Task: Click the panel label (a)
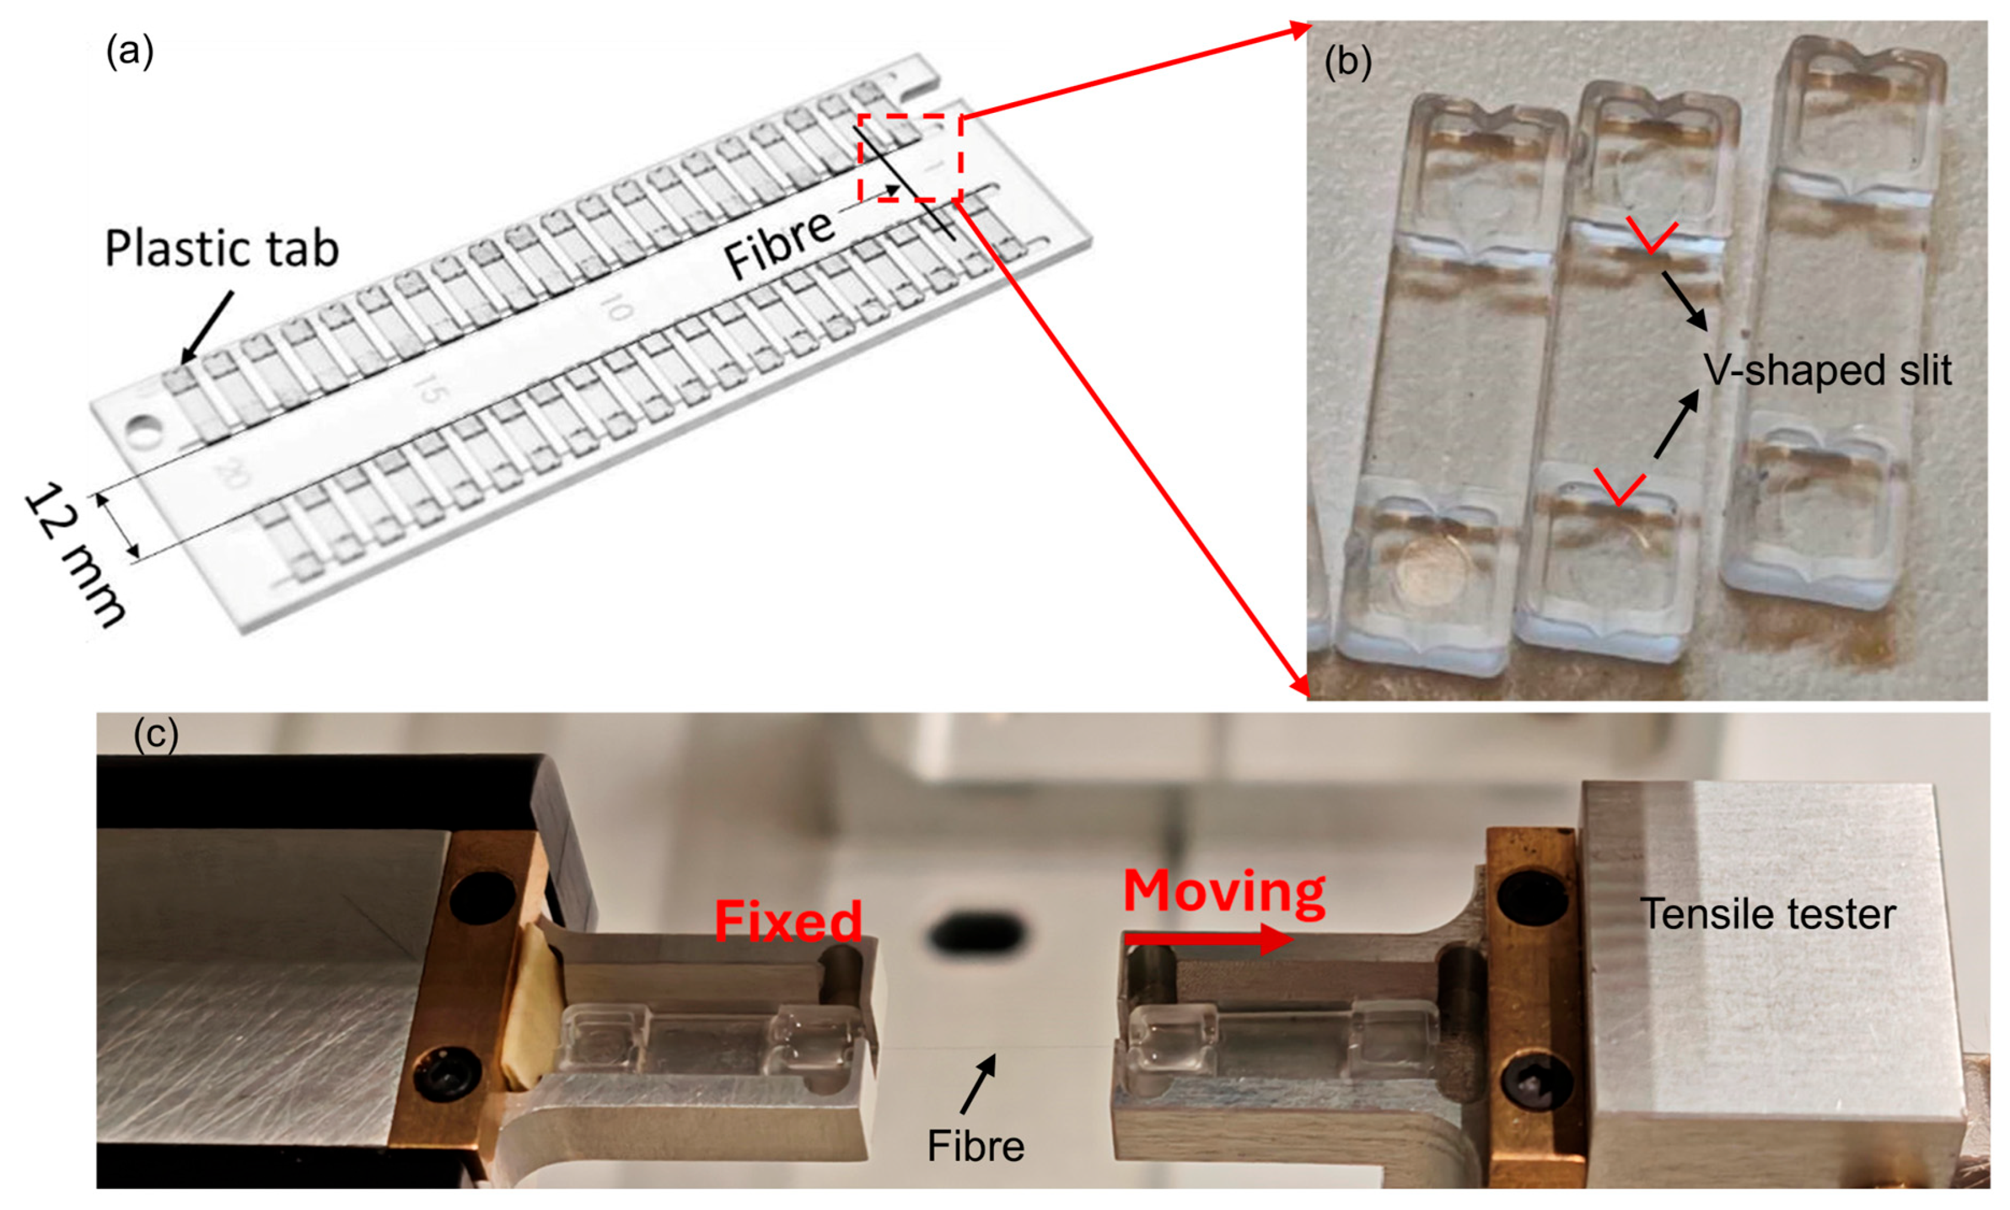(130, 53)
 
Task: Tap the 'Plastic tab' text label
(222, 248)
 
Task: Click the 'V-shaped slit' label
(1827, 370)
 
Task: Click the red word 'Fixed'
(788, 922)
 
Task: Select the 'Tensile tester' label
(1768, 914)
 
